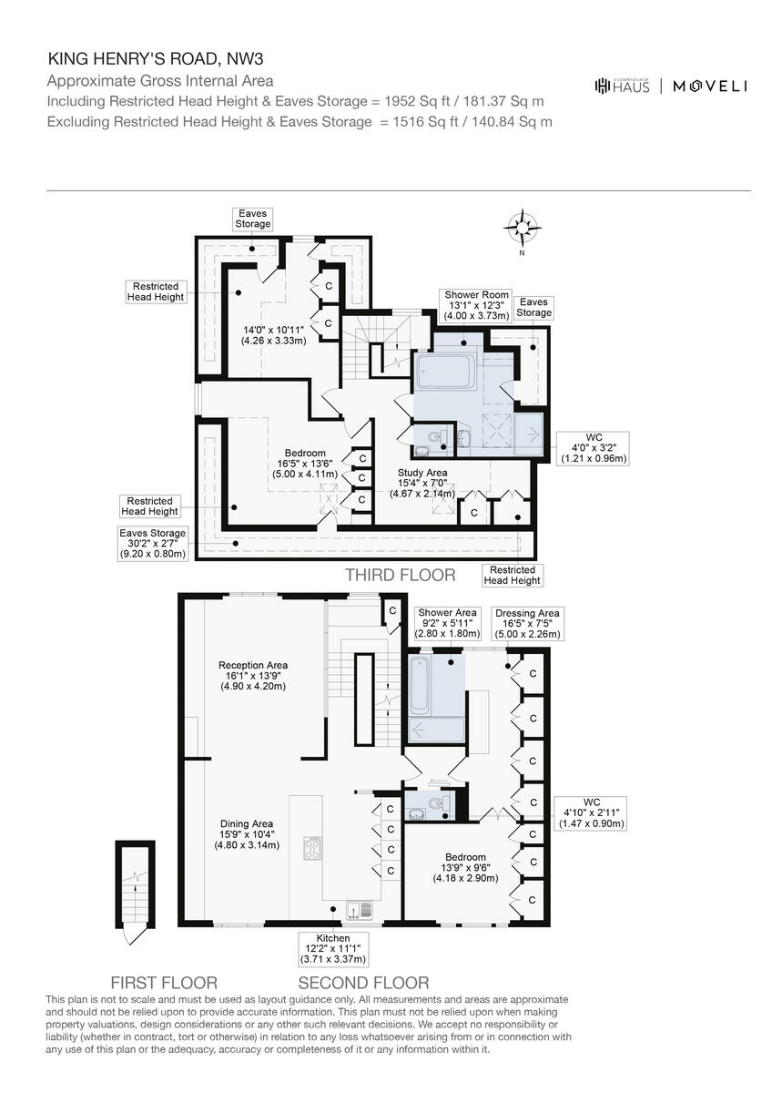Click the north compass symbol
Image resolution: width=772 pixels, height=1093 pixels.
tap(523, 228)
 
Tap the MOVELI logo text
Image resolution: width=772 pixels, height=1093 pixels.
tap(710, 86)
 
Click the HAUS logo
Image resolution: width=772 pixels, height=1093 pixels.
tap(623, 86)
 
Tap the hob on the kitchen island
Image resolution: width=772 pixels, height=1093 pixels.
tap(312, 848)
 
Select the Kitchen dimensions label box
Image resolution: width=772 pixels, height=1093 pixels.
tap(333, 948)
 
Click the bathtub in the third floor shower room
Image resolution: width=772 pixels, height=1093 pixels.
tap(443, 373)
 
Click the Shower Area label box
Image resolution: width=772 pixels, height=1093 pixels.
tap(446, 624)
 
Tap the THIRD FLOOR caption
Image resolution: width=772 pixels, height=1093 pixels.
tap(400, 575)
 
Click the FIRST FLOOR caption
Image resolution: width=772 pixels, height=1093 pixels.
tap(164, 983)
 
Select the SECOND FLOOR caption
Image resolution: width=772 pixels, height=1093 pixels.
tap(363, 983)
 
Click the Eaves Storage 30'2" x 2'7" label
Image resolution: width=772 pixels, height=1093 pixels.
tap(152, 544)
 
